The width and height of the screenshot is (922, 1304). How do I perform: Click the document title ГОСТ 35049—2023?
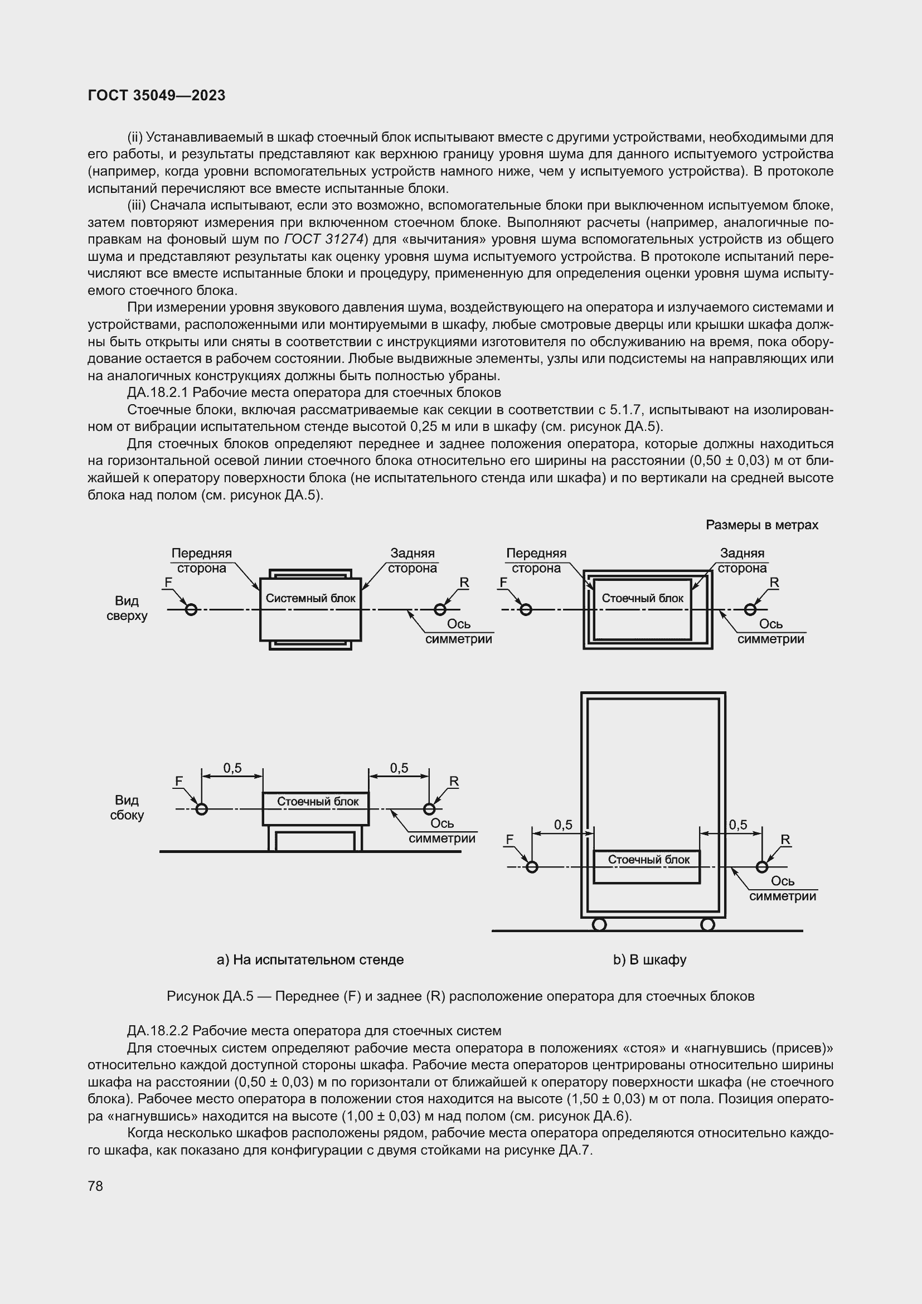click(x=157, y=95)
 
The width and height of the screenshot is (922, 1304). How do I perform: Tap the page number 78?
click(x=95, y=1186)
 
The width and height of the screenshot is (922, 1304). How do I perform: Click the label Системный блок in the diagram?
click(x=310, y=598)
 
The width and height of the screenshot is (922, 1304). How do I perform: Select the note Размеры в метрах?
click(x=762, y=525)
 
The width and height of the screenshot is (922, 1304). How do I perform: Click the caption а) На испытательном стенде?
click(x=310, y=960)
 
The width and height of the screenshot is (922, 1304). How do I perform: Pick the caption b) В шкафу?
click(x=649, y=960)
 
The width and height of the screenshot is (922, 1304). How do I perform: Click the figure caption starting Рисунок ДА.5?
click(x=460, y=996)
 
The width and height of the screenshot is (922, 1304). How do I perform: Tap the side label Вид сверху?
click(x=127, y=608)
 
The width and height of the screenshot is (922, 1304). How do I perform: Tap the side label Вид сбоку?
click(x=127, y=808)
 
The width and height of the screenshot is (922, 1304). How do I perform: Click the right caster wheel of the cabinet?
click(x=707, y=924)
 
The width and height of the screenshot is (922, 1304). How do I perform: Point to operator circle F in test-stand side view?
click(x=201, y=809)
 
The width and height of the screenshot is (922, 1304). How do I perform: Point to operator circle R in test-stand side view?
click(x=429, y=809)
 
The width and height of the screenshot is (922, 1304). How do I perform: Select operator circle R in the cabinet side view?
click(x=762, y=867)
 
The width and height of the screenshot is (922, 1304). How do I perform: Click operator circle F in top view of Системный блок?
click(x=191, y=610)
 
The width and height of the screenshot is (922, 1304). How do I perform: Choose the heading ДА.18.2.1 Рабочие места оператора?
click(x=314, y=392)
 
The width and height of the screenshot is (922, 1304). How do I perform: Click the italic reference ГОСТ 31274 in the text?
click(x=323, y=239)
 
